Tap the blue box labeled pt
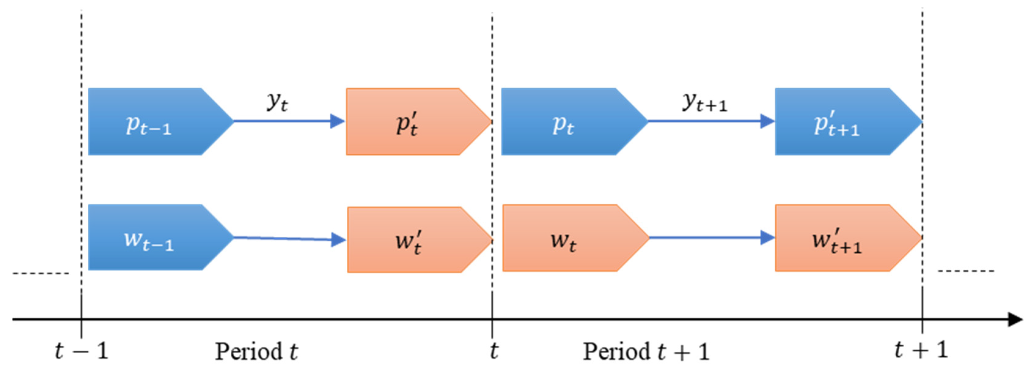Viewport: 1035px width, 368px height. point(566,121)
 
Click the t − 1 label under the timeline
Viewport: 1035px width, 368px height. point(82,351)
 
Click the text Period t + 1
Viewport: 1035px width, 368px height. point(646,352)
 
